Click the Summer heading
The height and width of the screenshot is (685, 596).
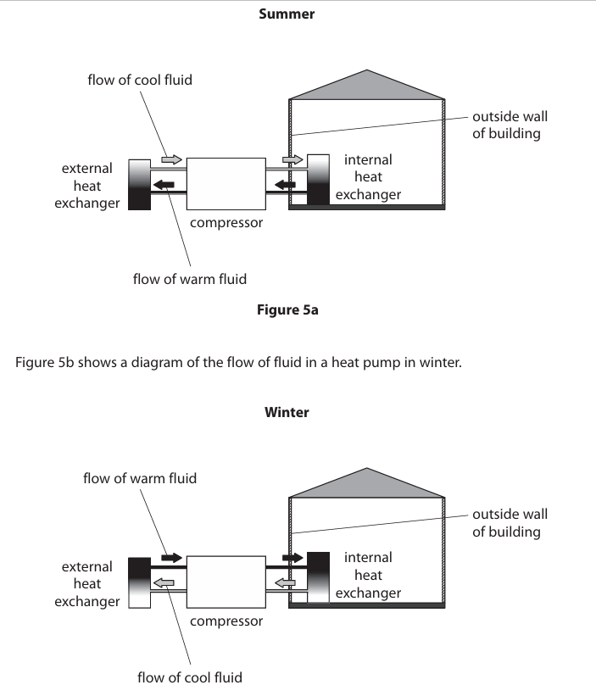coord(287,14)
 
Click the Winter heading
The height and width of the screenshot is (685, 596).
coord(287,412)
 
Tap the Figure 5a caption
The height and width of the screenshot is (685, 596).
coord(287,309)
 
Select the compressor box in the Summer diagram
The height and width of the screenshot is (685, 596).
coord(225,183)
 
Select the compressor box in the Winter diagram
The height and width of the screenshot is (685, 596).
coord(225,582)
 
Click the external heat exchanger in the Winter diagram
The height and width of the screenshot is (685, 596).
coord(138,582)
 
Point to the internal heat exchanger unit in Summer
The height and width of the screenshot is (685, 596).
coord(317,180)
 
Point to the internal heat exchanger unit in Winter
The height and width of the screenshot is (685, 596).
coord(317,577)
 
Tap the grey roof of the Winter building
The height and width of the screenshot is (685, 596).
coord(367,484)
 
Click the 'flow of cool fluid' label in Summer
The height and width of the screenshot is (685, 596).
coord(140,80)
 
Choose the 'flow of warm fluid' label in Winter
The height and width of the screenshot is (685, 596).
coord(140,478)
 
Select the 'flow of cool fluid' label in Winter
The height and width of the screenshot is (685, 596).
coord(190,677)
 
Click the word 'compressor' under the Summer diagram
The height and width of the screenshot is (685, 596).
coord(226,223)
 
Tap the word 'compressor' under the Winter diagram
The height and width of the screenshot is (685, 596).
coord(226,621)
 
